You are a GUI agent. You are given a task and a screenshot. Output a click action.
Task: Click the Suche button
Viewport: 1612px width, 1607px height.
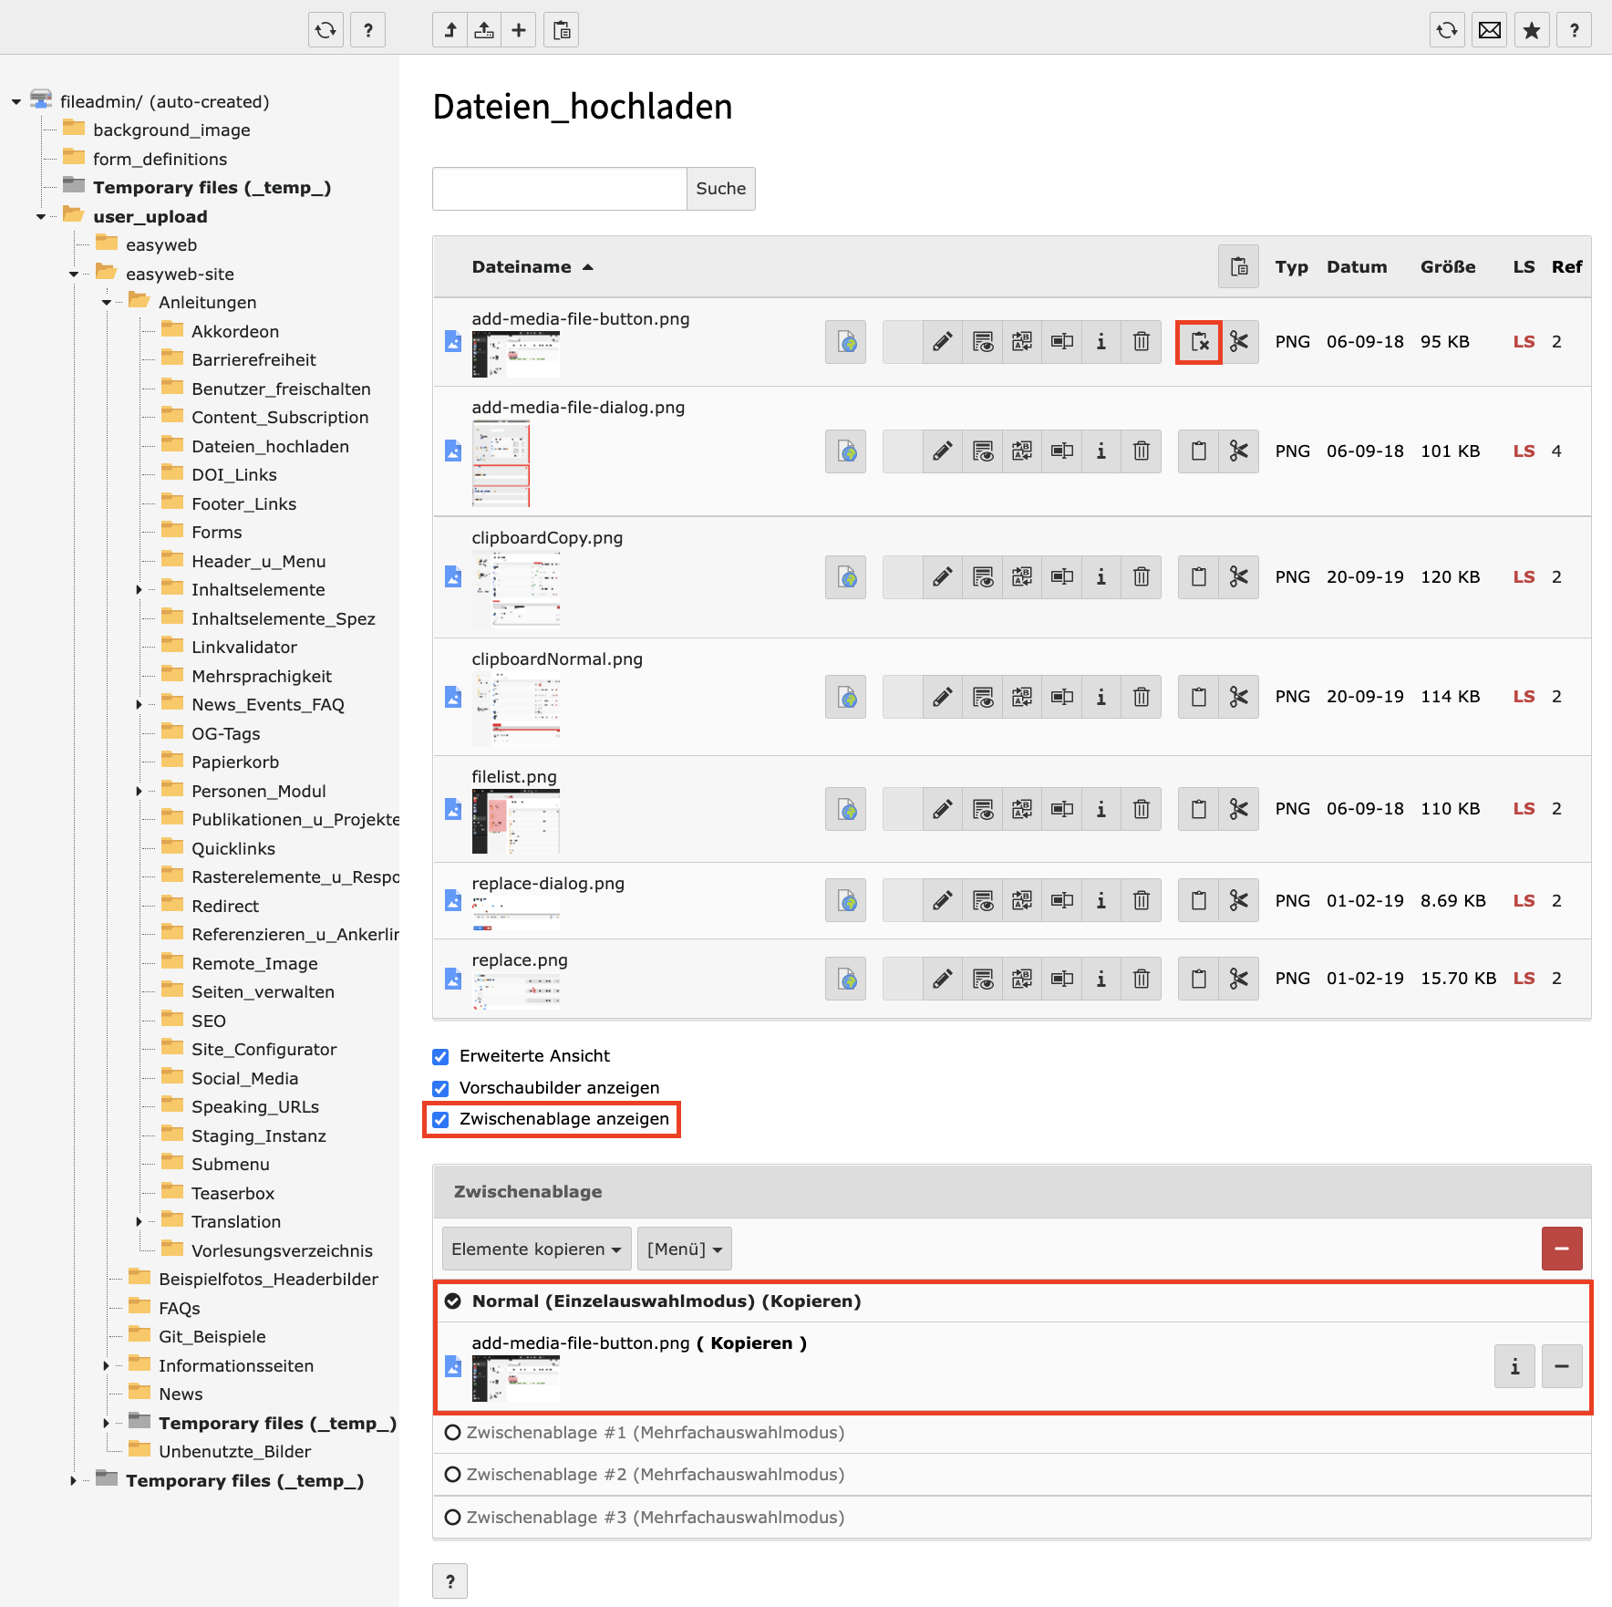pos(720,189)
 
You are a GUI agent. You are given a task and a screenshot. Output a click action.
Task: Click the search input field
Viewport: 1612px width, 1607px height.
pos(559,189)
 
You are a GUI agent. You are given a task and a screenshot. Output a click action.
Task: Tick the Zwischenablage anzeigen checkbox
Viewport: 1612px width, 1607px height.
pos(441,1120)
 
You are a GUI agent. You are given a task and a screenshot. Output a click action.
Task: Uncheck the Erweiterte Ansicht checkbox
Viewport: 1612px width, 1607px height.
pos(441,1057)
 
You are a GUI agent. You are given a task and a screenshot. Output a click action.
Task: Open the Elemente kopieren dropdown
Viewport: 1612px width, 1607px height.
pos(536,1249)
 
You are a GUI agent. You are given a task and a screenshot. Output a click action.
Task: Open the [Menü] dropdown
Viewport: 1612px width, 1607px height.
pos(684,1249)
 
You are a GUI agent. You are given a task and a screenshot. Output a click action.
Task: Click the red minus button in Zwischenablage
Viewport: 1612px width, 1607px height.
pos(1561,1249)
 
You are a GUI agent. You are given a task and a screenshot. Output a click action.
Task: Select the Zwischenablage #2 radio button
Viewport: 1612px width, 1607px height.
pos(452,1475)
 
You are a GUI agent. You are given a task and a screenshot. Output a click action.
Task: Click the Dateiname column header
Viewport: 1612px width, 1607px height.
pos(522,267)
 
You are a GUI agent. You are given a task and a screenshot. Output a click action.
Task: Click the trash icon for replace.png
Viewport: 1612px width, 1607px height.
pos(1141,980)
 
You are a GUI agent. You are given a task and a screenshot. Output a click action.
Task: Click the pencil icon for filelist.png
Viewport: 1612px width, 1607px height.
pos(942,809)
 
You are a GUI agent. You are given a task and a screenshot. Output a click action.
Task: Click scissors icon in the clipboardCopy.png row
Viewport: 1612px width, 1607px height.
pos(1238,577)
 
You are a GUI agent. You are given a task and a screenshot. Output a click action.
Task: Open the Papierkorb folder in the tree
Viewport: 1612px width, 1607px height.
pos(234,762)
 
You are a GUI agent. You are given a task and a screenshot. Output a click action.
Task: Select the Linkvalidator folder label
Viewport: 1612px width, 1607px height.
pos(243,648)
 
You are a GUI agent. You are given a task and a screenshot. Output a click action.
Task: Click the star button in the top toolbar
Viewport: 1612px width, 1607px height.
pos(1532,31)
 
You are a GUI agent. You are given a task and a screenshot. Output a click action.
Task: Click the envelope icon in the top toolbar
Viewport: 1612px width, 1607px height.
pos(1490,31)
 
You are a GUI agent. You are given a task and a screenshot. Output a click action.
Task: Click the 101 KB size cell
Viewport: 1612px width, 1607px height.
pos(1450,451)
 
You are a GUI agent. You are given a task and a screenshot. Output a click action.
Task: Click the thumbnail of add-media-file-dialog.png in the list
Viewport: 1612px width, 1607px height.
pos(501,464)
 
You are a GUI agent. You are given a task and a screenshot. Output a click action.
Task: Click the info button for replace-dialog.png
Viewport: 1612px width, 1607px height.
pos(1100,901)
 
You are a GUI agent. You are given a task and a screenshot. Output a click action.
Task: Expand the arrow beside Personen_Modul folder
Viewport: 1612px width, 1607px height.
pos(139,792)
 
